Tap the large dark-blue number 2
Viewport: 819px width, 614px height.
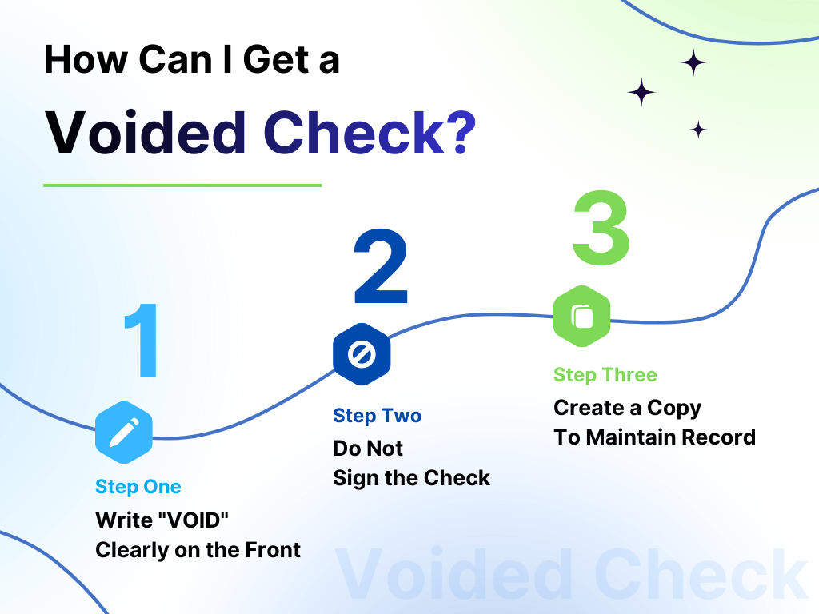point(381,269)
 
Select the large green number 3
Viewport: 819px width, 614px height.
point(601,228)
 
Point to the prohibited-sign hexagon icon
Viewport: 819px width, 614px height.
point(362,354)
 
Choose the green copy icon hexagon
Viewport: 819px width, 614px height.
point(582,317)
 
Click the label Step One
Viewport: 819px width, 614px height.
point(138,487)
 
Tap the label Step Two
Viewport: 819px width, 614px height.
point(377,416)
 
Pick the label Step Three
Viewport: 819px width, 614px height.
point(605,375)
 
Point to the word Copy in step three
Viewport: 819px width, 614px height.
point(673,409)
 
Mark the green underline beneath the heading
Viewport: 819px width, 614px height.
point(182,185)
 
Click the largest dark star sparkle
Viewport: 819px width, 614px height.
point(641,93)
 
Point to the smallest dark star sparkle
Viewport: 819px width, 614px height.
point(698,130)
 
